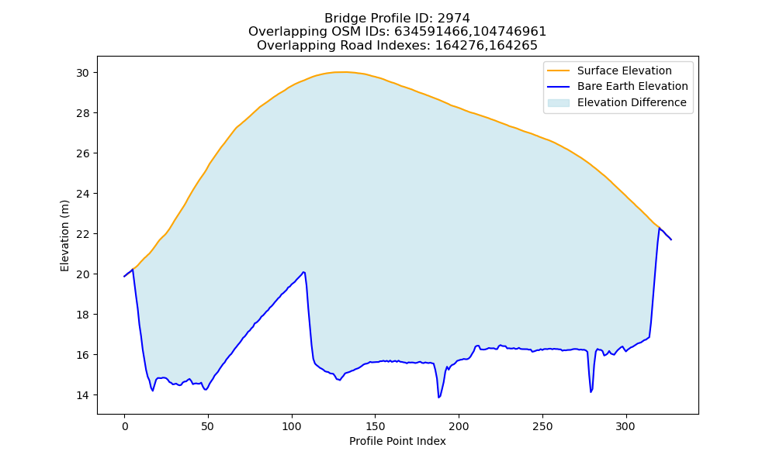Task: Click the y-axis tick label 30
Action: tap(83, 73)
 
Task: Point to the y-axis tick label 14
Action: tap(83, 395)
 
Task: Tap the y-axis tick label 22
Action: tap(83, 234)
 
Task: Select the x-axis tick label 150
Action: tap(375, 426)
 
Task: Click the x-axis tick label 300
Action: tap(625, 426)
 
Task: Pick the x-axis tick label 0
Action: tap(125, 426)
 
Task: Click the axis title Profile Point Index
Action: tap(397, 441)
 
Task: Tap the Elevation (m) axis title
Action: tap(65, 236)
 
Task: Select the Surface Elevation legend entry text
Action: tap(624, 71)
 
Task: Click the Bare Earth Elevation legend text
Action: tap(632, 87)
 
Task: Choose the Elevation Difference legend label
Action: tap(632, 103)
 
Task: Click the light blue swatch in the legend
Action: tap(558, 103)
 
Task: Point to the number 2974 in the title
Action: tap(453, 19)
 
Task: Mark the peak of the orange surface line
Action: tap(341, 72)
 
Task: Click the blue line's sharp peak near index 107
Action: tap(303, 272)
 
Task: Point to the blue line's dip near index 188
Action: tap(438, 398)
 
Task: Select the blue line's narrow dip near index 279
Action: tap(591, 392)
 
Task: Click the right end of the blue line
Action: tap(671, 239)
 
